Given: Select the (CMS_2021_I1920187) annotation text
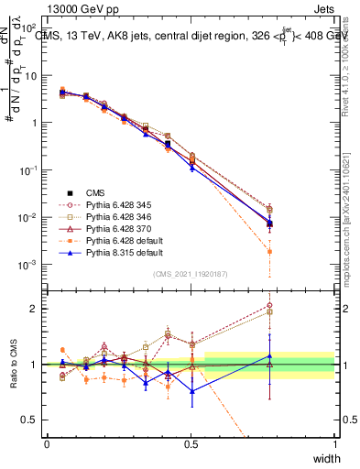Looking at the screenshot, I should point(191,273).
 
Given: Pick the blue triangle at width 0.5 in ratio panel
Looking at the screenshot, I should point(191,391).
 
